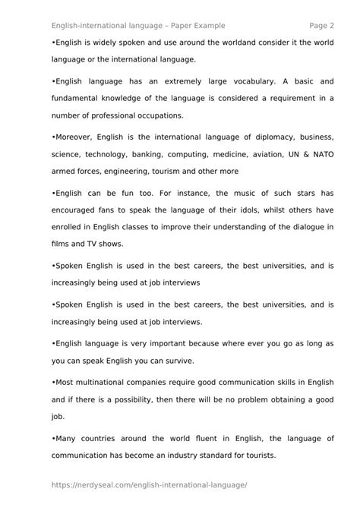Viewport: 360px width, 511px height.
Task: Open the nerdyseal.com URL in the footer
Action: tap(150, 486)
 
